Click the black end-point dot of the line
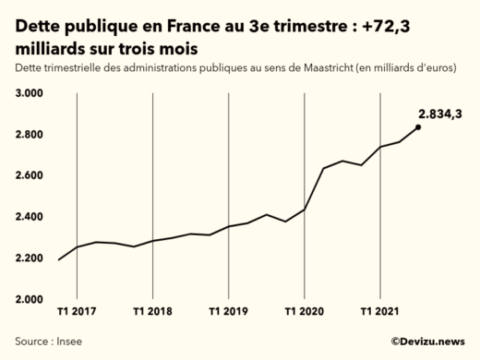click(x=418, y=127)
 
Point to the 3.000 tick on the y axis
click(x=31, y=94)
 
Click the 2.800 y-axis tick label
click(x=31, y=135)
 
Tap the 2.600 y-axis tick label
click(x=31, y=175)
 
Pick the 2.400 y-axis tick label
click(x=31, y=217)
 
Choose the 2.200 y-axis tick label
click(x=31, y=258)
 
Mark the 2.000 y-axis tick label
click(x=31, y=299)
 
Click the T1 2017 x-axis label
click(x=77, y=311)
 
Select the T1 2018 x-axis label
click(x=152, y=311)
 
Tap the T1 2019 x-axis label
click(x=228, y=311)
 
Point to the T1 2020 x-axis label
click(x=304, y=311)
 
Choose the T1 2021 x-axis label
click(x=379, y=311)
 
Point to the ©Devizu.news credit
click(x=427, y=341)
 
